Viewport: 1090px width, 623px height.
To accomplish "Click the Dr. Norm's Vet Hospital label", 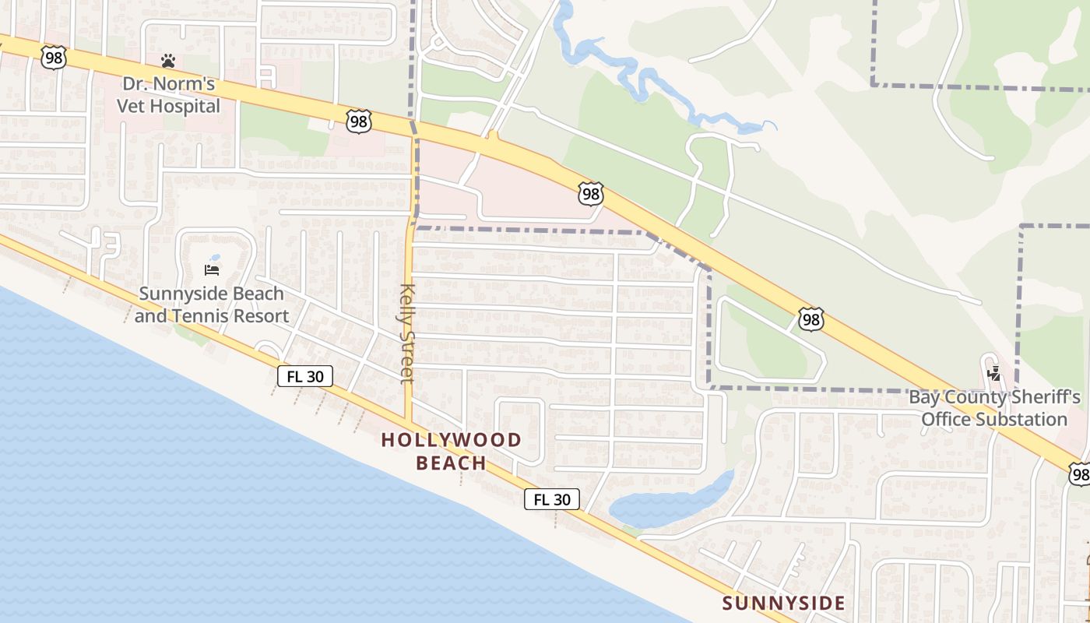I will pos(169,94).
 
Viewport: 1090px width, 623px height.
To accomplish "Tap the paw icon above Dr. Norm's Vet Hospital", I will pos(168,60).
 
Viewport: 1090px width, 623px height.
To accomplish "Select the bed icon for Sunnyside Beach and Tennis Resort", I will pos(212,269).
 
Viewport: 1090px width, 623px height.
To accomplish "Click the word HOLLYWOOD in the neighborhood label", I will pos(452,440).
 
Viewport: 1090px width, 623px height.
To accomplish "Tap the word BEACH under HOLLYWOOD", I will pos(452,463).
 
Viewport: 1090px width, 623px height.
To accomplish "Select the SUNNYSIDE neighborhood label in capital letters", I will pos(783,603).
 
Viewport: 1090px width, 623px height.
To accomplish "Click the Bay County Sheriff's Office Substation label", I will pos(994,408).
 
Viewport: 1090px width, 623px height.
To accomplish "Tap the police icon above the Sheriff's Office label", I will pos(993,374).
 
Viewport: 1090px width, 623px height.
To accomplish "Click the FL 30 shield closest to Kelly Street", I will pos(305,376).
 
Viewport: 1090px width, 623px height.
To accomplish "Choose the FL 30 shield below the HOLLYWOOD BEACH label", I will pos(552,499).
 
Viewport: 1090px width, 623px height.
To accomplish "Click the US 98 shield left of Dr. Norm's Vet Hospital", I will pos(54,58).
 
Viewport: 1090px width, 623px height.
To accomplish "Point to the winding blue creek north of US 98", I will pos(638,78).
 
